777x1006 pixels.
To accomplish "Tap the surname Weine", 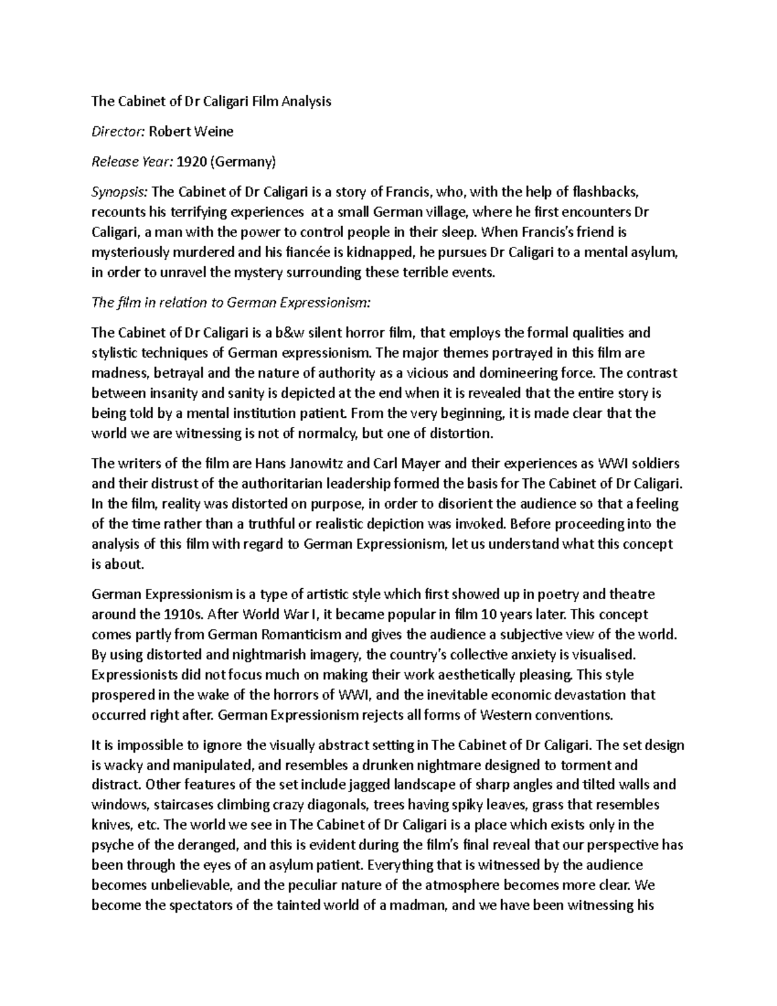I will (x=214, y=131).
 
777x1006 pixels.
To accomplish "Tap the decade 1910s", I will (x=177, y=614).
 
